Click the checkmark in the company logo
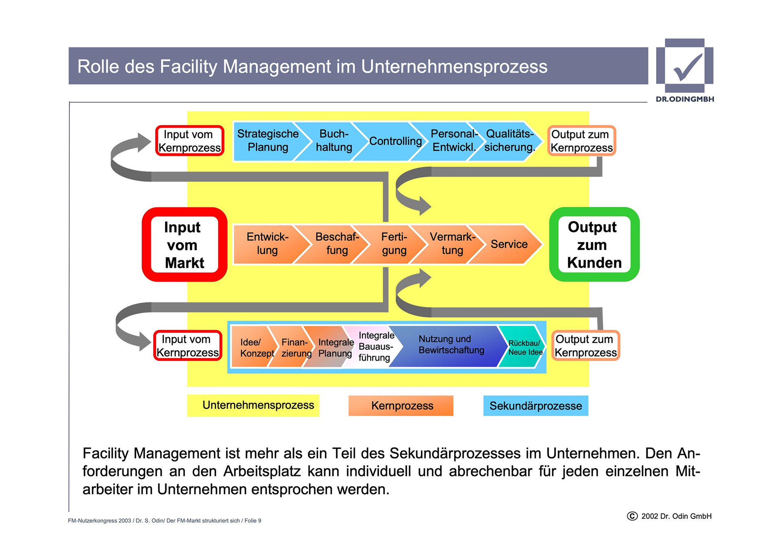click(x=688, y=67)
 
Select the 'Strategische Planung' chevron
click(x=268, y=141)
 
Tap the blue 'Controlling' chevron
click(x=395, y=141)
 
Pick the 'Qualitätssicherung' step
click(x=510, y=141)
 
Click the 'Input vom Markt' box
click(x=184, y=245)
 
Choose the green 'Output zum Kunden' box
click(x=594, y=245)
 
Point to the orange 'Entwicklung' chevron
click(x=267, y=244)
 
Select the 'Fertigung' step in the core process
click(x=394, y=244)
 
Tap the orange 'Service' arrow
click(x=509, y=244)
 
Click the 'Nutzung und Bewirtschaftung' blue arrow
click(x=451, y=345)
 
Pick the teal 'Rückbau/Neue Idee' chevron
click(x=525, y=348)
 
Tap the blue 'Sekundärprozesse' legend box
click(x=536, y=406)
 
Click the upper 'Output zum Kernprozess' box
click(x=581, y=141)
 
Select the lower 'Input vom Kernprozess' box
click(x=187, y=346)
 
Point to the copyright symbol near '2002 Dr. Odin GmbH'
click(x=632, y=516)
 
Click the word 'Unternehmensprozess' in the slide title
click(x=454, y=67)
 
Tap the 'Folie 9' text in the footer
click(x=253, y=521)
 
